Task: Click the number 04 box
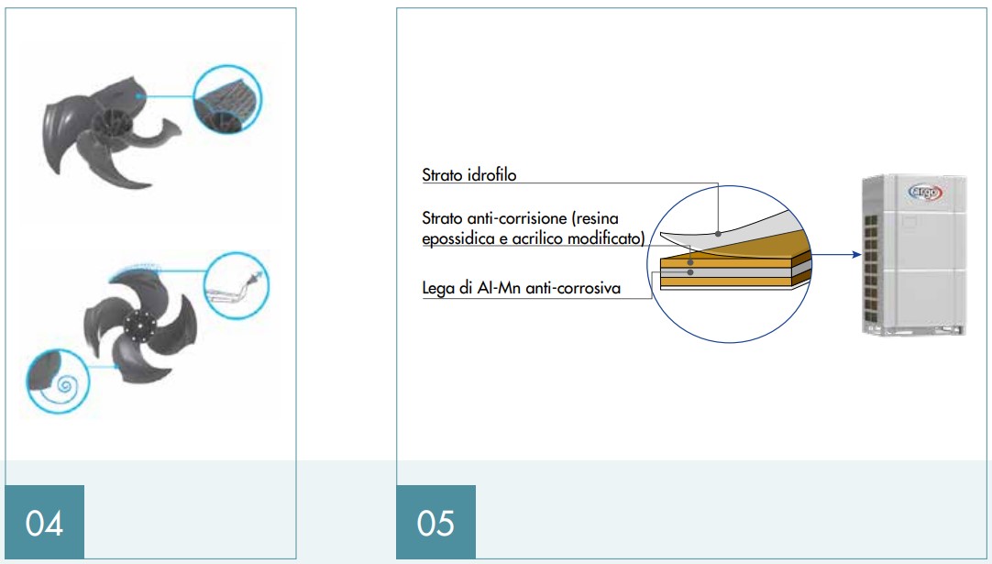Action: (x=44, y=522)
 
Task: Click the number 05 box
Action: (x=435, y=522)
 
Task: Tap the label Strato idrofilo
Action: (x=468, y=175)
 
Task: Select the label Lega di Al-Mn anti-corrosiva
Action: (x=522, y=289)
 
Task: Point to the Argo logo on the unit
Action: (x=925, y=191)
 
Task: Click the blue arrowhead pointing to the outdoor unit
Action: (x=857, y=254)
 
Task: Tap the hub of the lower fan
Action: (x=139, y=326)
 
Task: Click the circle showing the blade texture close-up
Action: (x=227, y=99)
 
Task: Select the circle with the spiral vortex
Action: (x=58, y=382)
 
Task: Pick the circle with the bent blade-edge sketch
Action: (x=237, y=285)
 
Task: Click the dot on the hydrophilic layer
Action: (x=718, y=234)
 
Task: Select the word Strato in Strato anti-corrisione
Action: (x=442, y=218)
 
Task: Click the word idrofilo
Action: (x=492, y=175)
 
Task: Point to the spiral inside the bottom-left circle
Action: (x=64, y=385)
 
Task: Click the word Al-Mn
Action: (x=499, y=289)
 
